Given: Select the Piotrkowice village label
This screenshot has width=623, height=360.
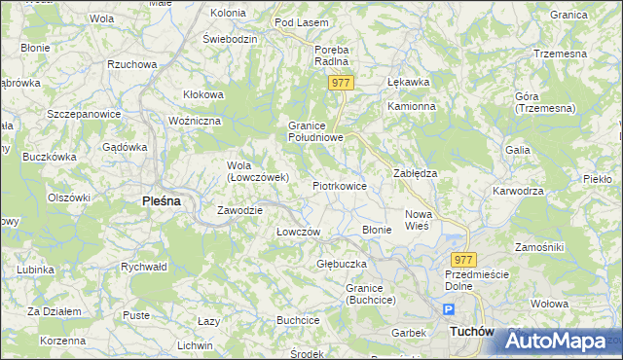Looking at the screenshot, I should click(x=339, y=185).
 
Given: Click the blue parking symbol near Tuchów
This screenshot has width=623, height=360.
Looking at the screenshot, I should click(x=449, y=309).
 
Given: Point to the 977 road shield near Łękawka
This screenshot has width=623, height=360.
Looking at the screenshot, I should click(x=340, y=84).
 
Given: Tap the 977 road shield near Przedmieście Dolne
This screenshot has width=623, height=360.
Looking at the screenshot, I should click(x=464, y=260).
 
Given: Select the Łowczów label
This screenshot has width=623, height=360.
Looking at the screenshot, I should click(x=299, y=232).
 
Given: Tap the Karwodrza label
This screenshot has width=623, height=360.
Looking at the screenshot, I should click(x=518, y=191).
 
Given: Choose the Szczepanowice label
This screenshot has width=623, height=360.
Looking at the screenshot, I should click(x=83, y=114).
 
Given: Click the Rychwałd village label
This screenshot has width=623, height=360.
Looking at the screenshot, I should click(x=144, y=266).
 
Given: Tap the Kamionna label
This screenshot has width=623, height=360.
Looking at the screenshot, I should click(x=409, y=106).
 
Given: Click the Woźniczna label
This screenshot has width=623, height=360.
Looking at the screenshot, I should click(x=196, y=120).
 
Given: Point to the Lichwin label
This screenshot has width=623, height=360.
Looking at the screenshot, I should click(x=195, y=345).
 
